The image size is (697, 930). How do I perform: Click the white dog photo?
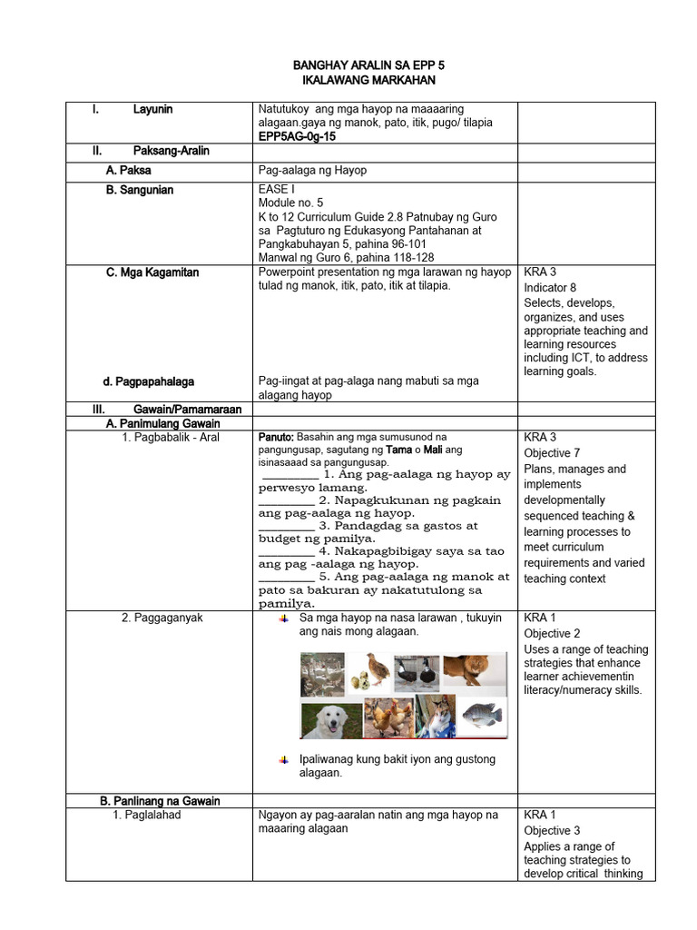[x=330, y=717]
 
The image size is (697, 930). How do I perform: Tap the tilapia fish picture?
[x=481, y=717]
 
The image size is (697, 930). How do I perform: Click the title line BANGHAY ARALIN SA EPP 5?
[x=355, y=66]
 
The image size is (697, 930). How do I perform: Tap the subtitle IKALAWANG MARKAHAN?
[x=355, y=81]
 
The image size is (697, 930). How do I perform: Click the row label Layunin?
[x=152, y=109]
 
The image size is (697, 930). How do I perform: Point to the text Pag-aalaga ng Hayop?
[x=312, y=170]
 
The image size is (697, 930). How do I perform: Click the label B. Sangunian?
[x=139, y=190]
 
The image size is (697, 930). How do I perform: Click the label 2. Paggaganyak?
[x=162, y=618]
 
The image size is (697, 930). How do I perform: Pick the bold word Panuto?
[x=275, y=437]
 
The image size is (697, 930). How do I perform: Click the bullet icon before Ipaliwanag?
[x=283, y=759]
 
